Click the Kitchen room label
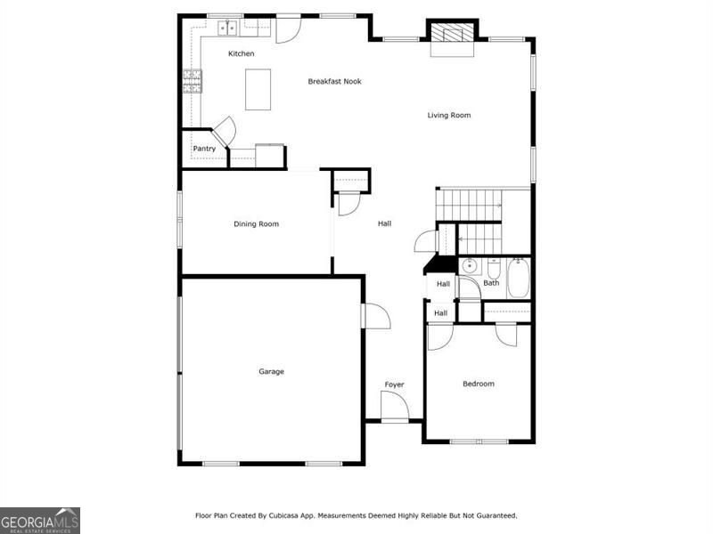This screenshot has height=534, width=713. click(x=241, y=54)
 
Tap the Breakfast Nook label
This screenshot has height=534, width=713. click(x=334, y=82)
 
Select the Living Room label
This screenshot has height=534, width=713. click(x=448, y=116)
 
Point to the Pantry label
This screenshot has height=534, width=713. click(x=204, y=149)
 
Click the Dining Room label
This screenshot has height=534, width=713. click(x=256, y=224)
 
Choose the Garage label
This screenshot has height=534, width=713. click(x=271, y=372)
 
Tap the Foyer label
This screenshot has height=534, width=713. click(x=394, y=384)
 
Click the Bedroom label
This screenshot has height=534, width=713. click(x=478, y=384)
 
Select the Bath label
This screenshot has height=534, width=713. click(x=491, y=283)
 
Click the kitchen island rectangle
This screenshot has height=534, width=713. click(x=258, y=89)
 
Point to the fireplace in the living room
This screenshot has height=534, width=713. click(x=454, y=34)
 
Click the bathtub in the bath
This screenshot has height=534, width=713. click(x=519, y=278)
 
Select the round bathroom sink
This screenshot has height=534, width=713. click(x=470, y=265)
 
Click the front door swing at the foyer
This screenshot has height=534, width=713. click(x=394, y=406)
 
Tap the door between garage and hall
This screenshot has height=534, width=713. click(x=375, y=316)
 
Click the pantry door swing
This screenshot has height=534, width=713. click(x=224, y=132)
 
